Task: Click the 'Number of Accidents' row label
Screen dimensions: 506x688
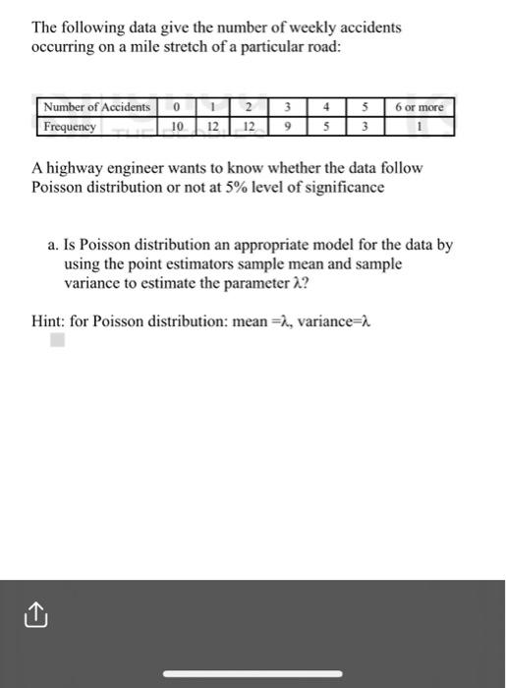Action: tap(96, 106)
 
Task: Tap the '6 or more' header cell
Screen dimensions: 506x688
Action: tap(419, 106)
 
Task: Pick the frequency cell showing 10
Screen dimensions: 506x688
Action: tap(177, 126)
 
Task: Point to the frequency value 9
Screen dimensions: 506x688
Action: tap(286, 126)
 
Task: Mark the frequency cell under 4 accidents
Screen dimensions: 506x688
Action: tap(325, 126)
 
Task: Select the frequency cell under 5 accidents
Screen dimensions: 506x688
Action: tap(364, 126)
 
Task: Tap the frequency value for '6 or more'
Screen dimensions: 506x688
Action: tap(419, 126)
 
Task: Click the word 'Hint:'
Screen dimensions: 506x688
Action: tap(49, 320)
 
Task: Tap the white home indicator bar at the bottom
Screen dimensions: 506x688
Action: tap(253, 673)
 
